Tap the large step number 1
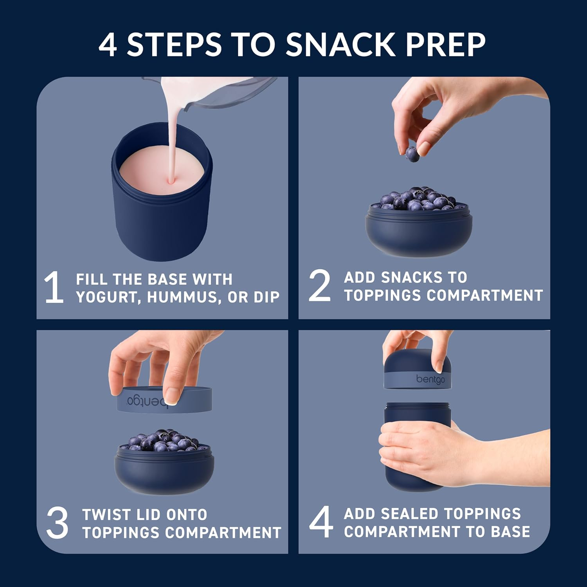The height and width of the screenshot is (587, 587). click(54, 287)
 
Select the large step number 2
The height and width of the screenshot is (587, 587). click(319, 286)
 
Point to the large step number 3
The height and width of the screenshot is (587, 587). click(57, 523)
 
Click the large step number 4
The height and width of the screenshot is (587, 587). click(321, 522)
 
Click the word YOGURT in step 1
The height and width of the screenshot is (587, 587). click(108, 297)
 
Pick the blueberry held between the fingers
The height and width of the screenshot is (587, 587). click(412, 154)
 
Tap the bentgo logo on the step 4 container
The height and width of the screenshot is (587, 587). click(430, 379)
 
